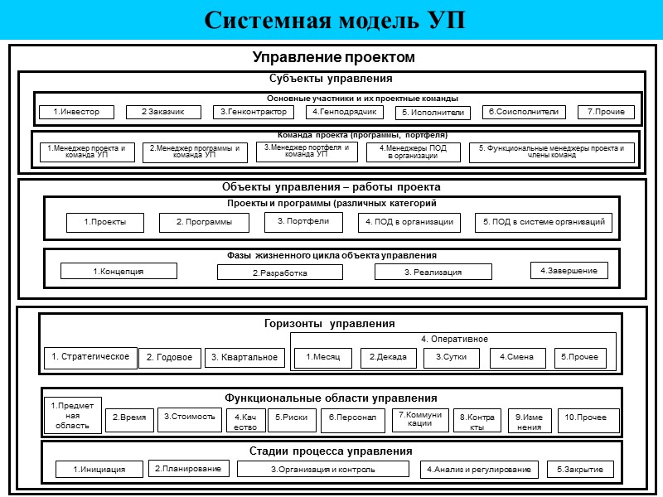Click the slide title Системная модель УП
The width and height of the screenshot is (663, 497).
tap(335, 20)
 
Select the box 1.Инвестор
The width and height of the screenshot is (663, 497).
tap(76, 112)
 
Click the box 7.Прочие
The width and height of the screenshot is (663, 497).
tap(606, 112)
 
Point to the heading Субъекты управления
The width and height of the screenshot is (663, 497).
tap(331, 79)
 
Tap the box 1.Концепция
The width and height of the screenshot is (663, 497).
tap(119, 271)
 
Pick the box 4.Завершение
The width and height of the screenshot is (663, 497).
tap(569, 270)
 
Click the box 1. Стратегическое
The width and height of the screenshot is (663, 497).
tap(90, 357)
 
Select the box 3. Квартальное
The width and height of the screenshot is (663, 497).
tap(244, 358)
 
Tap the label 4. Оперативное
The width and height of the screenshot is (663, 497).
tap(453, 339)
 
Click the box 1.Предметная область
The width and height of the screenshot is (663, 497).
tap(73, 416)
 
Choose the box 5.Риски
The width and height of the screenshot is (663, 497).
tap(292, 418)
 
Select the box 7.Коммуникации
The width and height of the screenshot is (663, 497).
tap(420, 418)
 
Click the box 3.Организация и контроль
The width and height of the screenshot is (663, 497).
tap(323, 469)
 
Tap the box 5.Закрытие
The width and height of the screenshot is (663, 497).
tap(580, 469)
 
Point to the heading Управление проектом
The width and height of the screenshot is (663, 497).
tap(333, 57)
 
